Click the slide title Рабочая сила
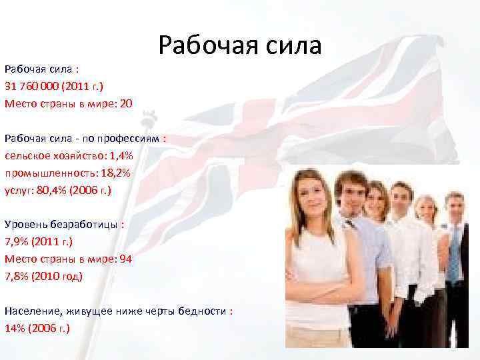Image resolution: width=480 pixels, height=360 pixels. tap(240, 46)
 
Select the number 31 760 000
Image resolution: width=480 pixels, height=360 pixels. tap(33, 86)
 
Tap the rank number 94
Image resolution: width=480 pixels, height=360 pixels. tap(125, 259)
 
